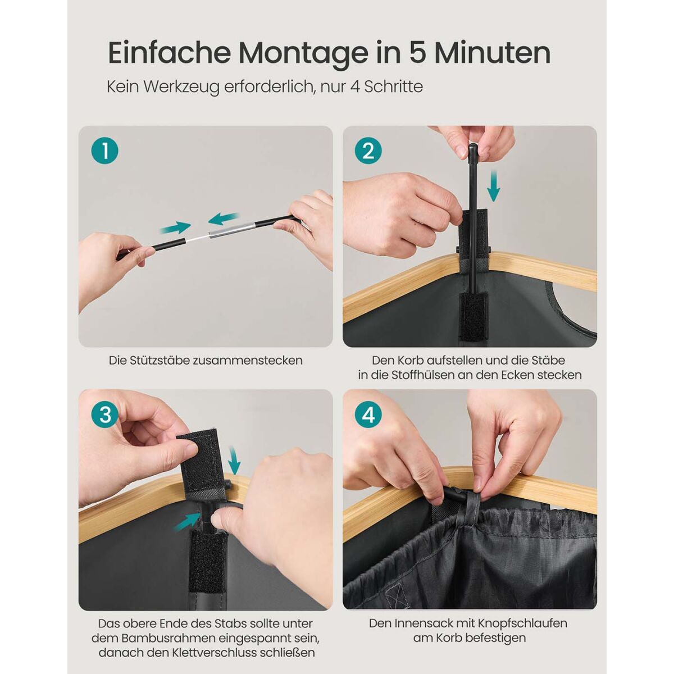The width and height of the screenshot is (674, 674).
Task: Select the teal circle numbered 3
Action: (x=105, y=415)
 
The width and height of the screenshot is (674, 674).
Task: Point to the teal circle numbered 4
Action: (x=368, y=415)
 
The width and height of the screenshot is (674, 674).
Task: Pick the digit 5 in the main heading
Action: (x=419, y=53)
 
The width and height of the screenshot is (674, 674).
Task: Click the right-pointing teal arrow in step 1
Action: (x=175, y=228)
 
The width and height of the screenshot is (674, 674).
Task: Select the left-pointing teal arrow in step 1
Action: (x=224, y=218)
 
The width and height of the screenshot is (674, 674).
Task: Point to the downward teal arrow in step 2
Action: (x=494, y=185)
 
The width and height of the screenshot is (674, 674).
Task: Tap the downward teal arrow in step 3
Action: (x=234, y=459)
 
